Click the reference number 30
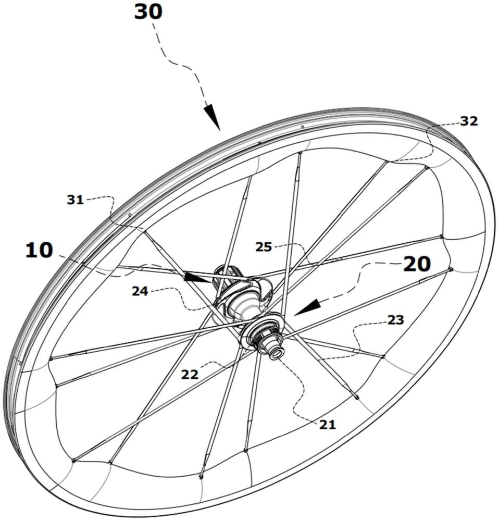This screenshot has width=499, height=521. (148, 12)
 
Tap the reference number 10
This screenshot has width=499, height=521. (39, 250)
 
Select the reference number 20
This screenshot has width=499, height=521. (417, 264)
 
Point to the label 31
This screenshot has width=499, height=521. (76, 200)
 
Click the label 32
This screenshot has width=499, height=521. (469, 121)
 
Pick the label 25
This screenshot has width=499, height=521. (264, 247)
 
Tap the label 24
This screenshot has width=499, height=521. (140, 291)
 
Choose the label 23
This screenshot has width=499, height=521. (396, 320)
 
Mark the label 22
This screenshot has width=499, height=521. (190, 375)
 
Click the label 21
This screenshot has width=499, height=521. (328, 424)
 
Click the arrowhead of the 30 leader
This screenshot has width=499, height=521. (213, 118)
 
